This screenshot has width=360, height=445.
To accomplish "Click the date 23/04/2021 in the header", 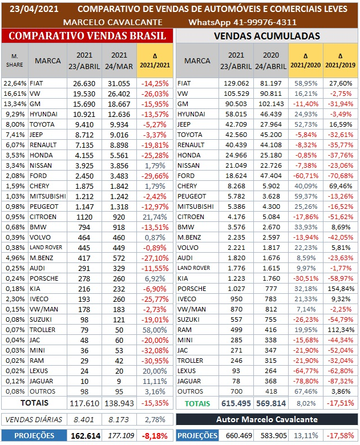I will pos(33,9).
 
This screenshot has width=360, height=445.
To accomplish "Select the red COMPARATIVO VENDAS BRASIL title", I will pos(88,35).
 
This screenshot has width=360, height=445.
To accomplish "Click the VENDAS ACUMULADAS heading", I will pos(266,35).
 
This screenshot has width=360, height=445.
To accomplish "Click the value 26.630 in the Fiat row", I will pos(84,83).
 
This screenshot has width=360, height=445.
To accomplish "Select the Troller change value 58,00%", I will pos(155,330).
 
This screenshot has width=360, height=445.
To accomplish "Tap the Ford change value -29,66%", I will pos(155,176).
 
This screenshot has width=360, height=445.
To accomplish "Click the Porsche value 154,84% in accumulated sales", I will pos(341,289).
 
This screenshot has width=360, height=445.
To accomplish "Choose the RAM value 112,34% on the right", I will pos(341,330).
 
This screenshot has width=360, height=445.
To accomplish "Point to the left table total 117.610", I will pos(84,403).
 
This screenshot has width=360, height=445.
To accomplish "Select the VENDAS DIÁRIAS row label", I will pos(33,420).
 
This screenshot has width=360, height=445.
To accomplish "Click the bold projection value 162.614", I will pos(84,436).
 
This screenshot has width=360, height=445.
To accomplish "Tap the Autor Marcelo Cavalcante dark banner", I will pos(266,420).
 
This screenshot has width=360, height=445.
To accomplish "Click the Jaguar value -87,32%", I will pos(341,381).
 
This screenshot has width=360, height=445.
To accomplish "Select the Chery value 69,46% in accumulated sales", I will pos(341,186).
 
